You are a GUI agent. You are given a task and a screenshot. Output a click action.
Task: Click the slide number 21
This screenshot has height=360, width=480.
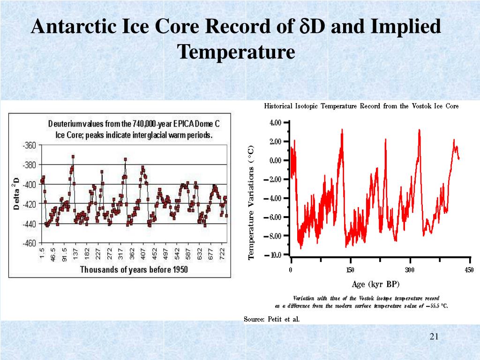pyautogui.click(x=433, y=337)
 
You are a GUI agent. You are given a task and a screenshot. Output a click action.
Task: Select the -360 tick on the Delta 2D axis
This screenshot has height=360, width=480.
pyautogui.click(x=29, y=145)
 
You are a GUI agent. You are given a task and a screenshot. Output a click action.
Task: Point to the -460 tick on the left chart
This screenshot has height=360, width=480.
pyautogui.click(x=29, y=243)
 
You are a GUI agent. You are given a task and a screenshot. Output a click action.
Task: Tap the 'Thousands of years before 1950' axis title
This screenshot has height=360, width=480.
pyautogui.click(x=134, y=270)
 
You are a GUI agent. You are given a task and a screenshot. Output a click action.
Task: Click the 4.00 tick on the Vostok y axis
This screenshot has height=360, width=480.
pyautogui.click(x=276, y=123)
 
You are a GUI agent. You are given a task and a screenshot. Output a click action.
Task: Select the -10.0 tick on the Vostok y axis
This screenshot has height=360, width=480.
pyautogui.click(x=275, y=255)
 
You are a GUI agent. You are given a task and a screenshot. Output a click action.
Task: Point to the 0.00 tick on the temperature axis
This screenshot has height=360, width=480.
pyautogui.click(x=276, y=160)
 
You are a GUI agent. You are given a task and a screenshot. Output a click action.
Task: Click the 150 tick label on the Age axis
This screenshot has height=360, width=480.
pyautogui.click(x=350, y=270)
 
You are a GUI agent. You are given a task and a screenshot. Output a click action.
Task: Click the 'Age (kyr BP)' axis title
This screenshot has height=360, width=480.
pyautogui.click(x=375, y=284)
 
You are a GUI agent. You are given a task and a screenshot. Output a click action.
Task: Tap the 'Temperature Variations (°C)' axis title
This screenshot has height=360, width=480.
pyautogui.click(x=251, y=202)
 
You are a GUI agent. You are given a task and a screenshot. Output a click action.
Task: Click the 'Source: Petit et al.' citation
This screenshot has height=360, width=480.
pyautogui.click(x=271, y=319)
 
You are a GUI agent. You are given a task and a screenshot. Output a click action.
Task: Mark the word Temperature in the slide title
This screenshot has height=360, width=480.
pyautogui.click(x=236, y=51)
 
